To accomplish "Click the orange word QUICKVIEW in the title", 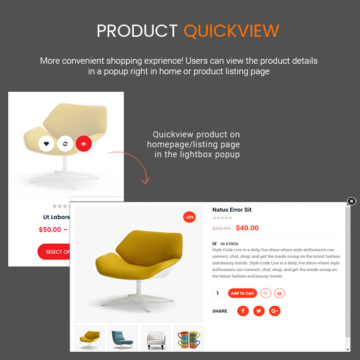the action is point(231,31).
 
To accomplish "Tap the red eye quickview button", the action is point(84,144).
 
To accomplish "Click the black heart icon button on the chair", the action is point(46,144).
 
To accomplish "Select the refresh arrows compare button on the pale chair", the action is point(65,144).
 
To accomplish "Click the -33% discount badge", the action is point(189,217).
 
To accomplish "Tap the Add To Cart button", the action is point(242,293).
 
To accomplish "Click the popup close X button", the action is point(351,201).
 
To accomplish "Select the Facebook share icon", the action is point(243,311).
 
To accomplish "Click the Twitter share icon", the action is point(259,311).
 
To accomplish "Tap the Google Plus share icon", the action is point(275,311).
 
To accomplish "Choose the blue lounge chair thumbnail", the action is point(123,338).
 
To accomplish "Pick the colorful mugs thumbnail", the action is point(189,338).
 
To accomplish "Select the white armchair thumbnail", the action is point(155,338).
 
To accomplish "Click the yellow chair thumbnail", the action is point(90,338).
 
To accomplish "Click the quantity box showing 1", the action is point(217,293).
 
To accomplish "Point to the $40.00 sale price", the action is point(247,228).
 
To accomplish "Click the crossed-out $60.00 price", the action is point(221,228).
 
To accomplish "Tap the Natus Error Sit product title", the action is point(232,210).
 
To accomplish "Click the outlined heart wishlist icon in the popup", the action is point(266,293).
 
